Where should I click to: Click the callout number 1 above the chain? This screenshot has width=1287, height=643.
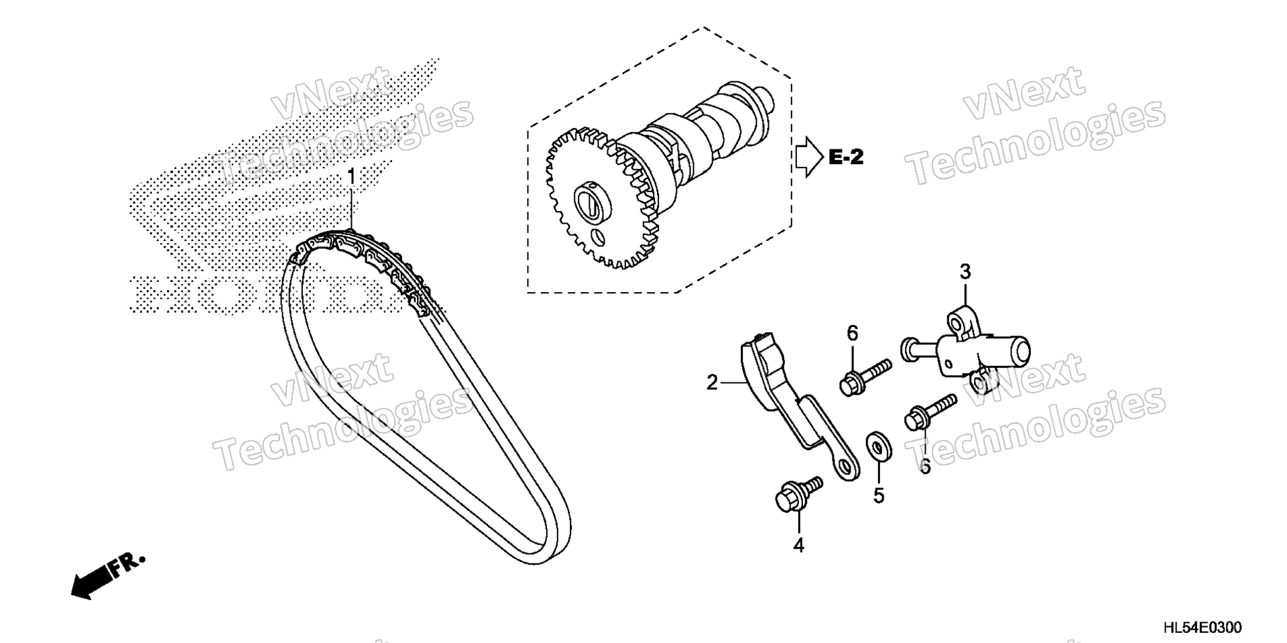(351, 179)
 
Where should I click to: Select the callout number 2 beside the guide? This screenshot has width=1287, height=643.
(712, 382)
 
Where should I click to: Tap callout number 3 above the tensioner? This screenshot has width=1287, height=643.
(965, 272)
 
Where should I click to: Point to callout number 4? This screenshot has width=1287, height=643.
(798, 546)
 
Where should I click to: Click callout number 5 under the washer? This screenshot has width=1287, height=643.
(879, 496)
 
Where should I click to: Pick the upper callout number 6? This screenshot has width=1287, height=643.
(853, 333)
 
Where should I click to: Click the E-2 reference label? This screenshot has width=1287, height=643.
(846, 158)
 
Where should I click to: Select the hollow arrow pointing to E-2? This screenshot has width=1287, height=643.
(808, 157)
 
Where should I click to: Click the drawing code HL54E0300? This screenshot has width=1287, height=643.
(1202, 628)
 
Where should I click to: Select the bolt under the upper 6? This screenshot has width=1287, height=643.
(865, 376)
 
